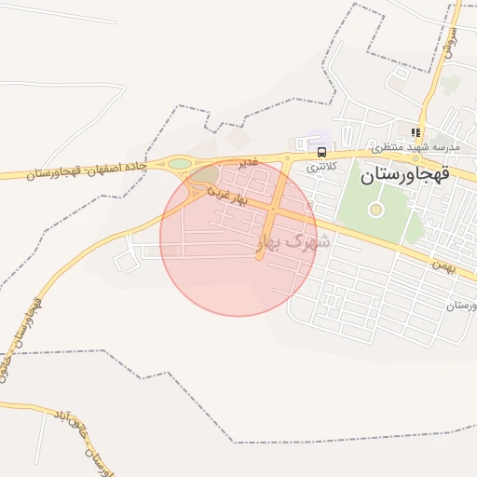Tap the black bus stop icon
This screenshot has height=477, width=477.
(x=321, y=151)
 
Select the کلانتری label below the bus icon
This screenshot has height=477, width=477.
(x=321, y=165)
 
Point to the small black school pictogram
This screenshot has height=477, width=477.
(x=416, y=132)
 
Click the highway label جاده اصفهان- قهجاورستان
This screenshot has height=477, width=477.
(x=82, y=170)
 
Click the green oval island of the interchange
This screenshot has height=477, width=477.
(x=180, y=164)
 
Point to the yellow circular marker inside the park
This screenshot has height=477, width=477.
(x=375, y=210)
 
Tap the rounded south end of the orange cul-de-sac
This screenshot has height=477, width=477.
(x=260, y=256)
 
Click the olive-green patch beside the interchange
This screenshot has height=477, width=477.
(x=207, y=174)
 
